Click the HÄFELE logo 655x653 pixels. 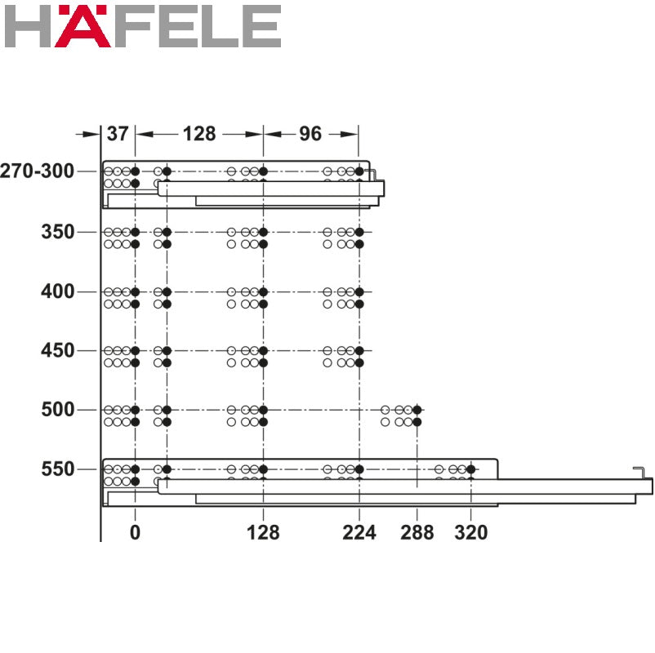(x=142, y=26)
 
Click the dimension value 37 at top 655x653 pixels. (x=118, y=133)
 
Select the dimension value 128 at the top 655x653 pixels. (x=199, y=133)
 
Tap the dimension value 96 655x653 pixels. (x=310, y=133)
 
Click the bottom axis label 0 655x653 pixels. (x=135, y=533)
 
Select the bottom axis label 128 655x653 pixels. (x=263, y=533)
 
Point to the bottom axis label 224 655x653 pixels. (x=359, y=533)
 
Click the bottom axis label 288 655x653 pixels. (x=417, y=533)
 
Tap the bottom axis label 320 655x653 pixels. (x=471, y=533)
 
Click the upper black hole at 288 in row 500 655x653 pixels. (x=417, y=410)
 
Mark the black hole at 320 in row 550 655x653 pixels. (x=471, y=469)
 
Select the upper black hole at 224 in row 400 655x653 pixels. (x=359, y=291)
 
